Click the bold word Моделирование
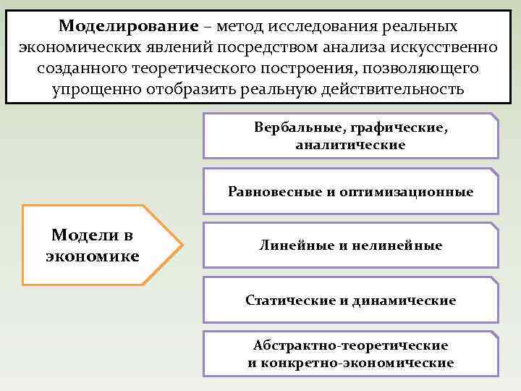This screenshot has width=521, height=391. [128, 26]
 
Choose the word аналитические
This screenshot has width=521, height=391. [350, 145]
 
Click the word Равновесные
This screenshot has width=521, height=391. [269, 192]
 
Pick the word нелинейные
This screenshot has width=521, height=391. [397, 245]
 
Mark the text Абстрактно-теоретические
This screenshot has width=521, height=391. [350, 346]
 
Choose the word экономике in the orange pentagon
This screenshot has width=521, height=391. [92, 256]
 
